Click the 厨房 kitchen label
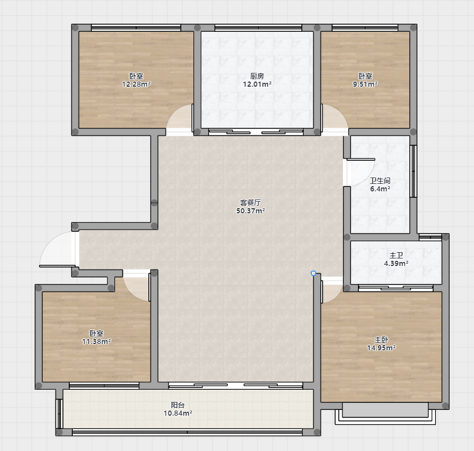257,76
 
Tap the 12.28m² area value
136,84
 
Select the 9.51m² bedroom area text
365,84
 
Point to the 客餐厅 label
251,202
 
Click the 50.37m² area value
251,210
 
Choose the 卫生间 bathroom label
380,181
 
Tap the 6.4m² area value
380,189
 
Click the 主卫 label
396,256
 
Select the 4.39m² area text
396,264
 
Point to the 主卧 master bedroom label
381,339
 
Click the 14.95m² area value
382,348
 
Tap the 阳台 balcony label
178,405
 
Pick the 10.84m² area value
178,413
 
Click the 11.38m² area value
96,341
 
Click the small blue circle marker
313,273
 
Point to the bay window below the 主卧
386,413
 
